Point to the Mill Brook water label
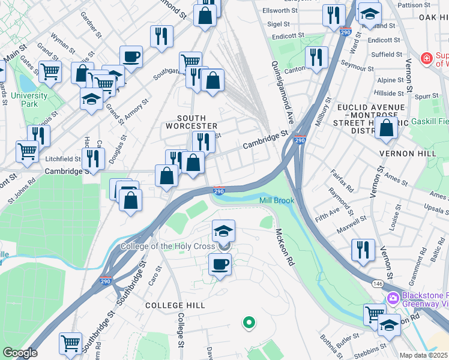pyautogui.click(x=276, y=200)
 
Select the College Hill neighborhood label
pyautogui.click(x=175, y=305)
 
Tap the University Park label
pyautogui.click(x=28, y=100)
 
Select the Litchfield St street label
pyautogui.click(x=64, y=159)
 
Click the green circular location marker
pyautogui.click(x=248, y=323)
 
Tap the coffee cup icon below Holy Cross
pyautogui.click(x=220, y=265)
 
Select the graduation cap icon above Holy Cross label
pyautogui.click(x=223, y=230)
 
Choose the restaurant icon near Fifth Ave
pyautogui.click(x=363, y=249)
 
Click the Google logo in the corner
pyautogui.click(x=20, y=352)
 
